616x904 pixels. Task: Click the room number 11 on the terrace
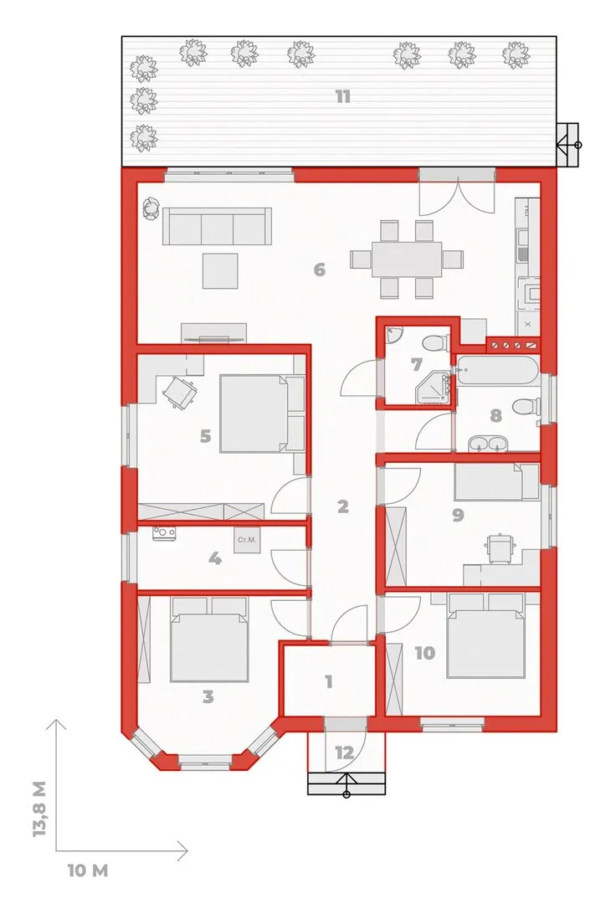pyautogui.click(x=343, y=96)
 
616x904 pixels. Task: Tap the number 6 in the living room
pyautogui.click(x=319, y=270)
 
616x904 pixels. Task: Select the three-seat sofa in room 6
pyautogui.click(x=218, y=226)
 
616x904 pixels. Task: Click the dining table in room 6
pyautogui.click(x=407, y=259)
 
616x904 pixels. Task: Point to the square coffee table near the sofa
pyautogui.click(x=220, y=270)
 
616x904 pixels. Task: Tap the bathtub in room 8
pyautogui.click(x=497, y=370)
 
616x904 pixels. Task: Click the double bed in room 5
pyautogui.click(x=262, y=413)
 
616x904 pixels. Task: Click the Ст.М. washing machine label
pyautogui.click(x=247, y=540)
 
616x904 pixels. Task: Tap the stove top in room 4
pyautogui.click(x=164, y=533)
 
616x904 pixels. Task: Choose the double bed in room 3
pyautogui.click(x=209, y=639)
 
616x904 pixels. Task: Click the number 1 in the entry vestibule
pyautogui.click(x=328, y=682)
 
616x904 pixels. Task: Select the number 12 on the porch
pyautogui.click(x=344, y=752)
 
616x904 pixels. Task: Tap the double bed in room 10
pyautogui.click(x=485, y=634)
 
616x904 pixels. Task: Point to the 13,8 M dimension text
pyautogui.click(x=40, y=809)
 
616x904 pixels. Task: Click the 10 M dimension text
pyautogui.click(x=88, y=870)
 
